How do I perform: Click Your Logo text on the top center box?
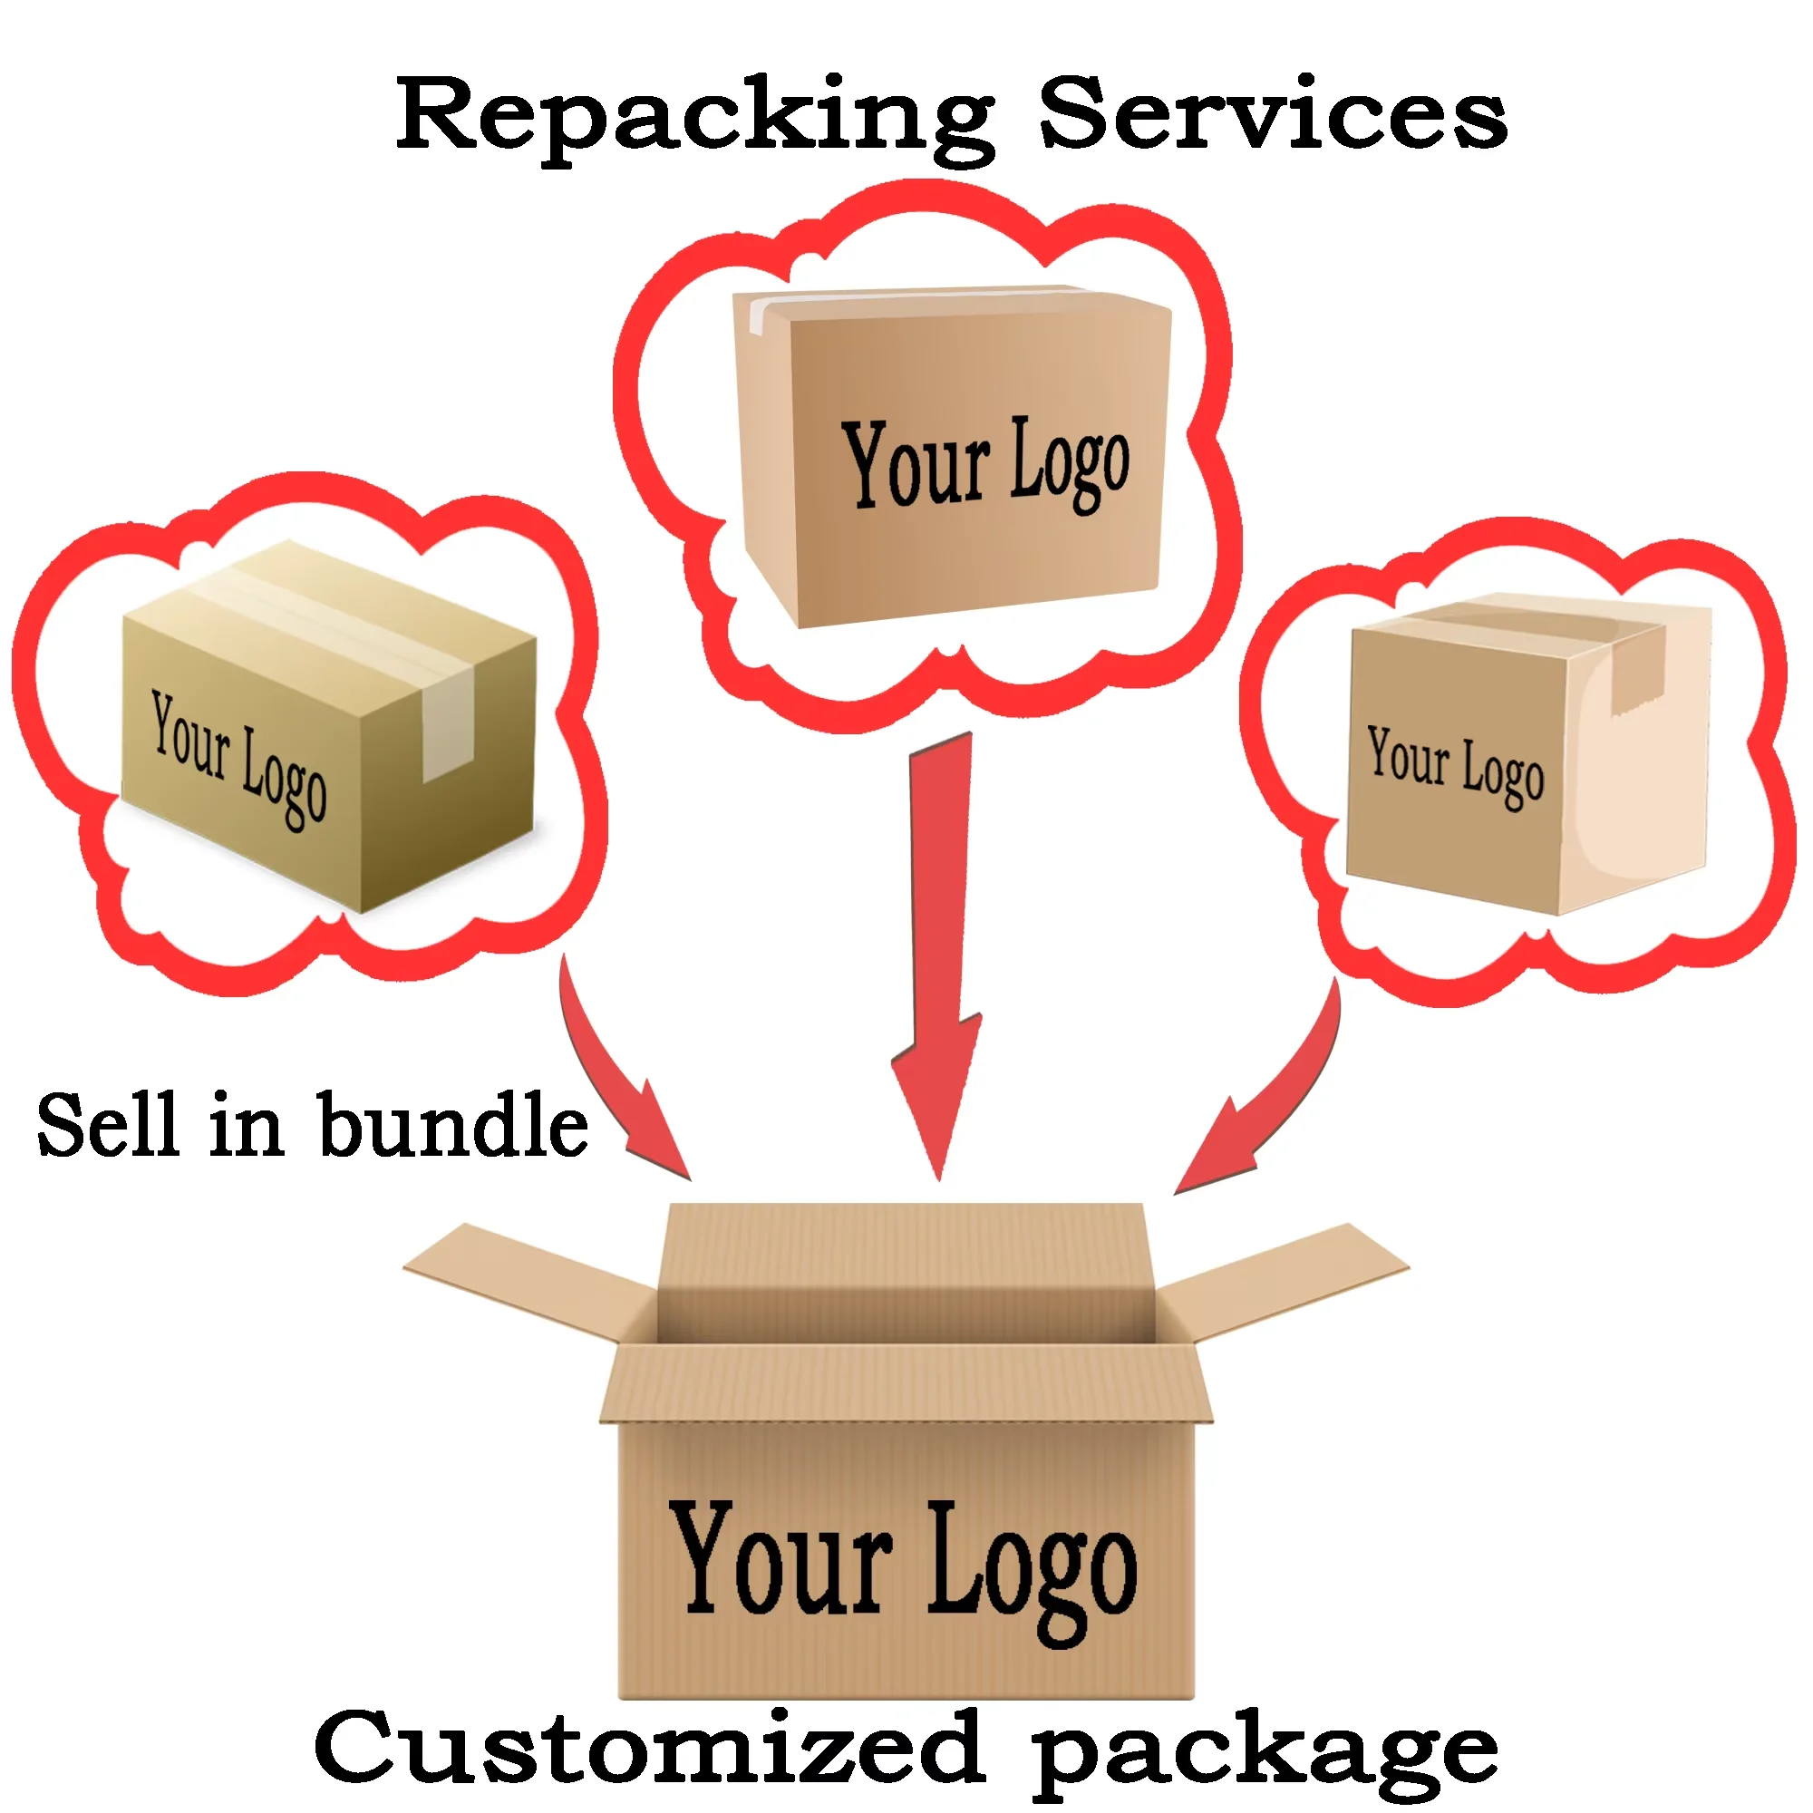pos(985,464)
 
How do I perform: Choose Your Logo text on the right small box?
pos(1455,765)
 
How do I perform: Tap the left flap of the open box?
pos(526,1276)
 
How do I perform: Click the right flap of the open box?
pos(1285,1276)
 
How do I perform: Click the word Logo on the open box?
pos(1033,1567)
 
